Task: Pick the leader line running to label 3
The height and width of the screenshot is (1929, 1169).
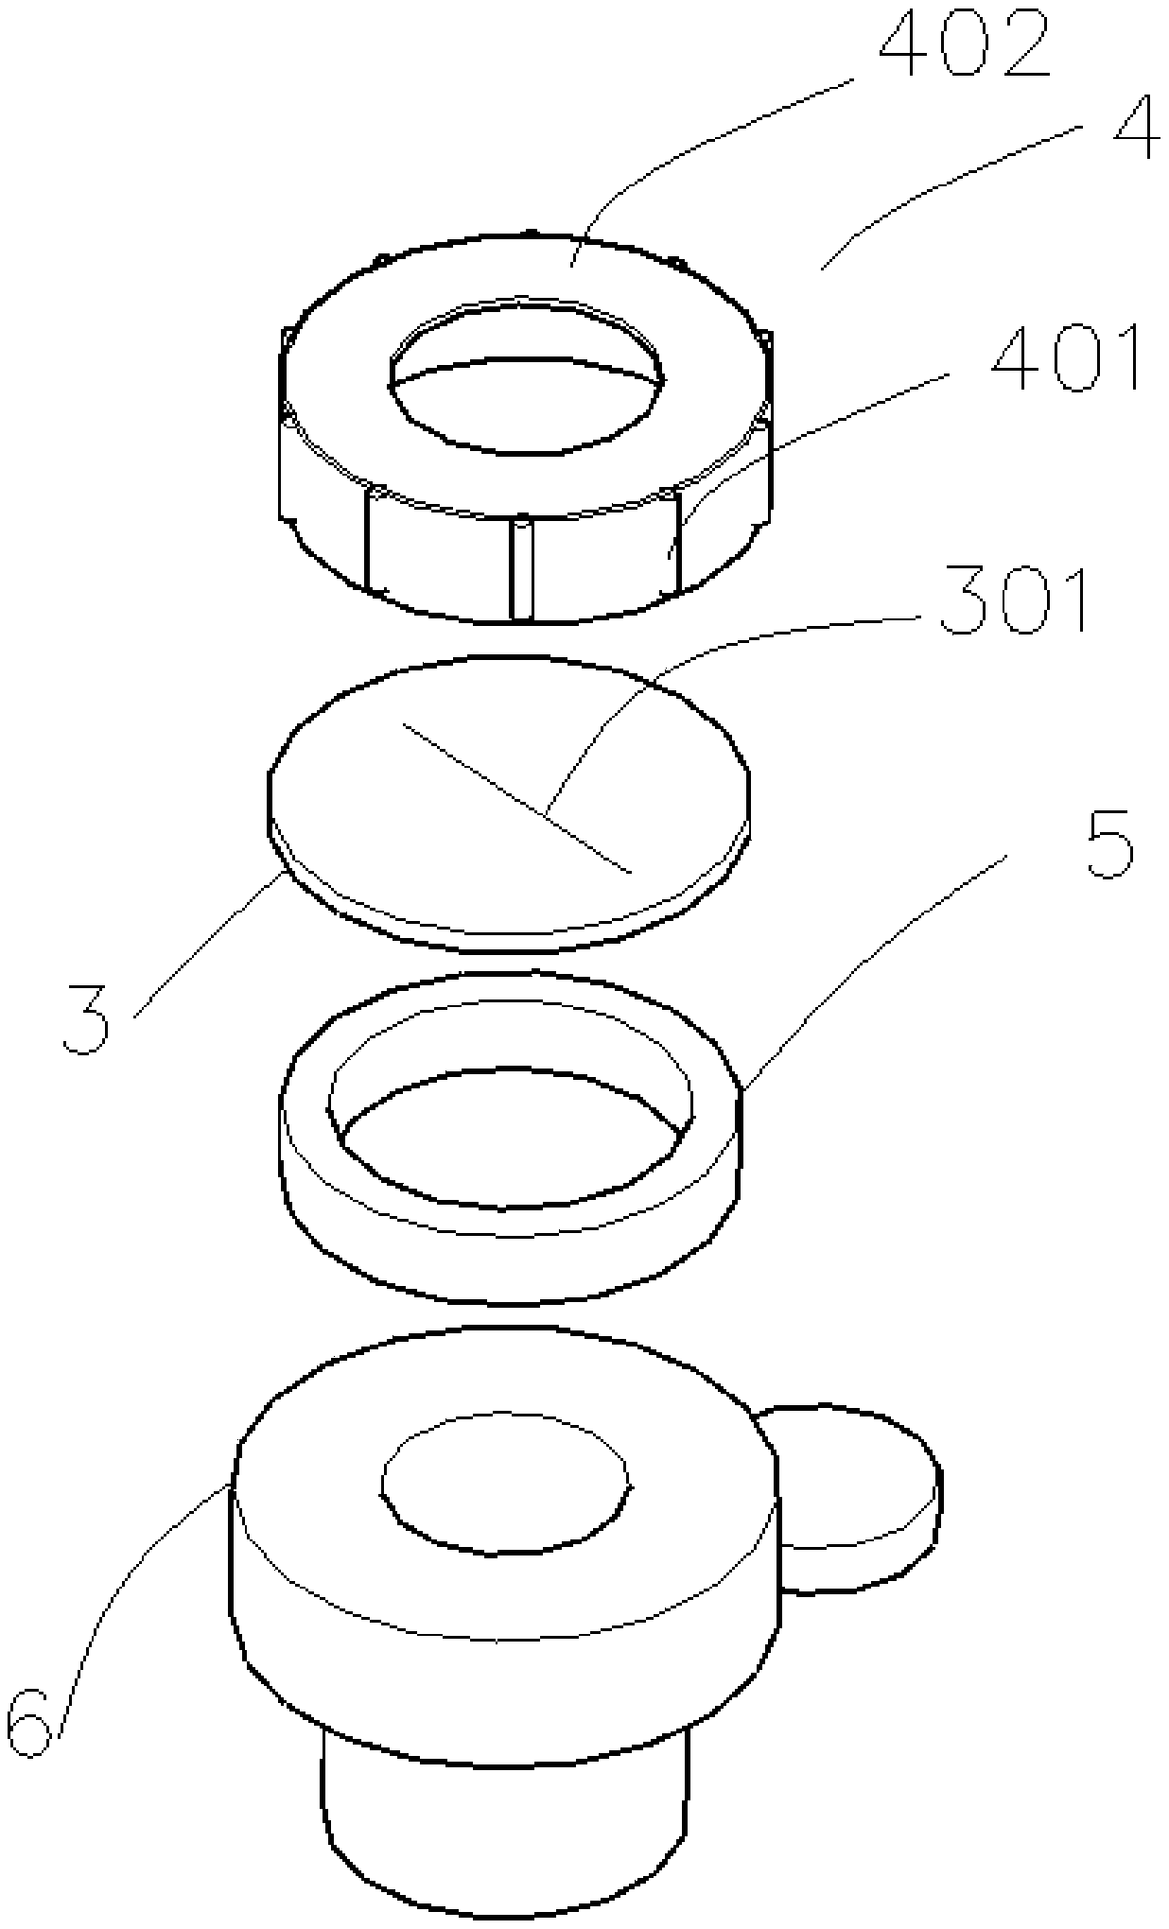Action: pyautogui.click(x=208, y=946)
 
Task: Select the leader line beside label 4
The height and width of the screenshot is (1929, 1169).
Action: pyautogui.click(x=955, y=189)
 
